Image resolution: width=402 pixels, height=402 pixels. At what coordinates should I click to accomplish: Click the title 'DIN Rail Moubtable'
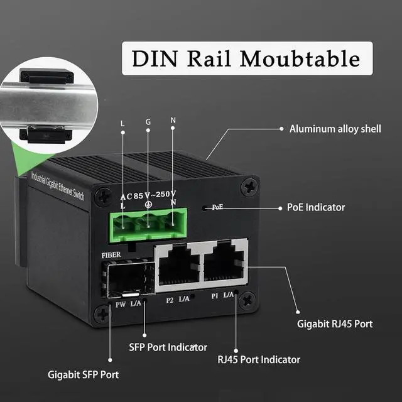(246, 58)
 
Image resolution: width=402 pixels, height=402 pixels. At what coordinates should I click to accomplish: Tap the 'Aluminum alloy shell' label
(335, 129)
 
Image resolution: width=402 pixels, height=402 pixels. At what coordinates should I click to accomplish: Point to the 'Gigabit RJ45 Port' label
(335, 324)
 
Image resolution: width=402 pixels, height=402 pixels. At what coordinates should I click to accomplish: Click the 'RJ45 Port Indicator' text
(259, 360)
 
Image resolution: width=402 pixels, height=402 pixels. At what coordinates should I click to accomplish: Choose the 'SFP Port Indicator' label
(168, 347)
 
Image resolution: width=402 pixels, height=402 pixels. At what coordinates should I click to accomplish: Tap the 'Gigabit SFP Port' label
(84, 375)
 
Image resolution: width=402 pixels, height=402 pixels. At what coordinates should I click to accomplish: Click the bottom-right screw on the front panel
(247, 300)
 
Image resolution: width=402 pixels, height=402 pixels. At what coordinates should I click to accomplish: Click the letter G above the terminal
(148, 121)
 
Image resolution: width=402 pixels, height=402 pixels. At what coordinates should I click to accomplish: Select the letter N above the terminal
(173, 119)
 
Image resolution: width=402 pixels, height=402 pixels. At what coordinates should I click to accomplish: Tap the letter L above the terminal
(122, 122)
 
